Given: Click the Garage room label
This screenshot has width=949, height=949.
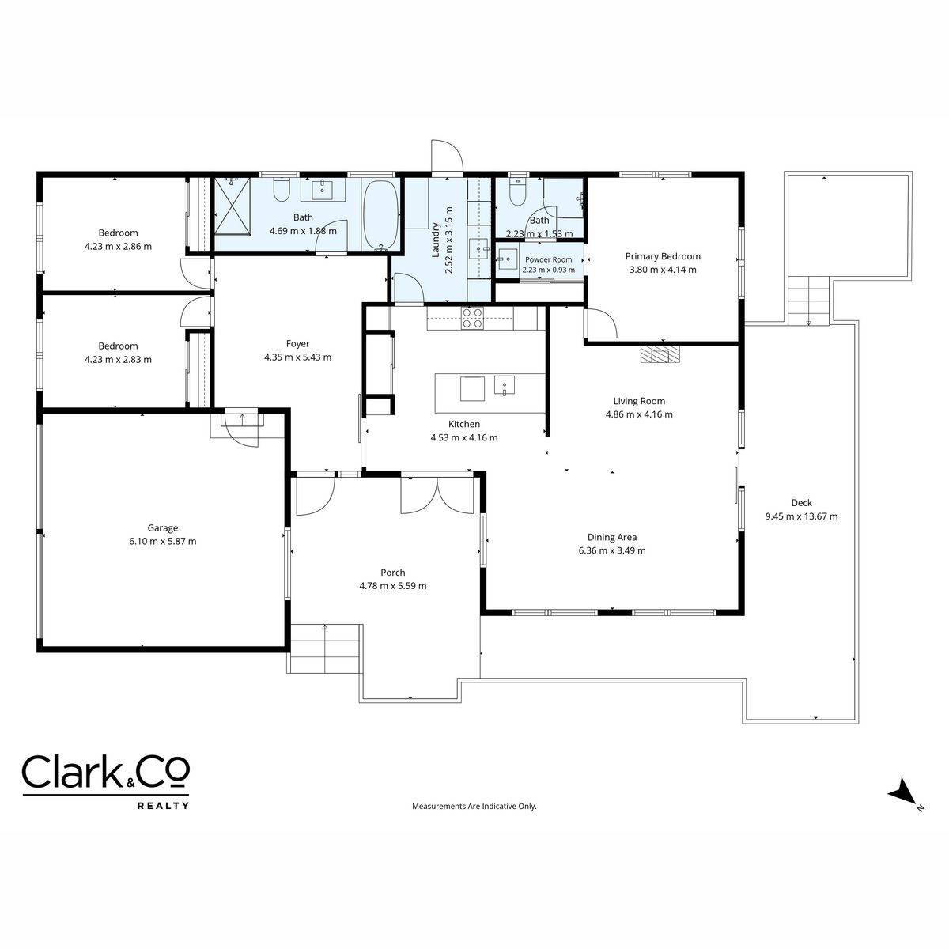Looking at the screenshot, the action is pyautogui.click(x=163, y=528).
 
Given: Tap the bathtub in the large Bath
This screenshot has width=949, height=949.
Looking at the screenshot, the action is pyautogui.click(x=380, y=214).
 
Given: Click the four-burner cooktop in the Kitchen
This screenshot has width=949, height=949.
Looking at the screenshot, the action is pyautogui.click(x=472, y=318).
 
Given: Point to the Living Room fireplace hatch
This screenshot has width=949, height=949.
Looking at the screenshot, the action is pyautogui.click(x=660, y=354).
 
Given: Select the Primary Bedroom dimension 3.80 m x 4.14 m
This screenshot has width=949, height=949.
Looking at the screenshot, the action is pyautogui.click(x=663, y=270).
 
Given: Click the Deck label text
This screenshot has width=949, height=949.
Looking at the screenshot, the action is pyautogui.click(x=801, y=503).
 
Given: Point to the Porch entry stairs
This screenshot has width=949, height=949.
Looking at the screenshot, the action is pyautogui.click(x=325, y=648).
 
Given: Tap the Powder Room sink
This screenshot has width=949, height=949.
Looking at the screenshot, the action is pyautogui.click(x=507, y=259).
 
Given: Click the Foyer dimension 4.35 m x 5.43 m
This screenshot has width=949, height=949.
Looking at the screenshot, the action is pyautogui.click(x=297, y=357).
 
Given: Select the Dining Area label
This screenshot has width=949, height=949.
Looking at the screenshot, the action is pyautogui.click(x=611, y=537).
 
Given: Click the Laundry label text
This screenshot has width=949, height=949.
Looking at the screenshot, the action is pyautogui.click(x=435, y=240).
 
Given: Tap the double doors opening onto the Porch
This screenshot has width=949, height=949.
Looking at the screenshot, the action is pyautogui.click(x=437, y=495).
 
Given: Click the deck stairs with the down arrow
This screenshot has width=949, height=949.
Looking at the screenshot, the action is pyautogui.click(x=808, y=301).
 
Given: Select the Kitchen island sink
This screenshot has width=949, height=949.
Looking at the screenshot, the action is pyautogui.click(x=505, y=386).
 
